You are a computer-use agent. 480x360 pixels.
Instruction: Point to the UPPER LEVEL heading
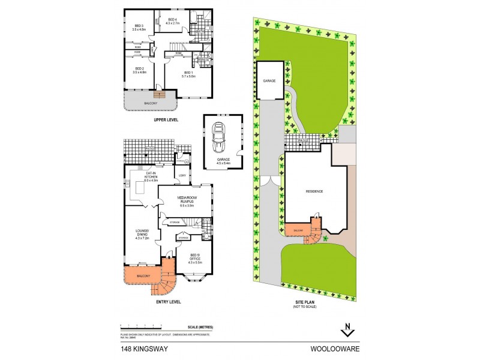click(167, 120)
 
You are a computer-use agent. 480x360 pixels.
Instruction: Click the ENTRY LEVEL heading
click(167, 302)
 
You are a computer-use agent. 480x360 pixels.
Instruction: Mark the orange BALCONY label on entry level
click(143, 277)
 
